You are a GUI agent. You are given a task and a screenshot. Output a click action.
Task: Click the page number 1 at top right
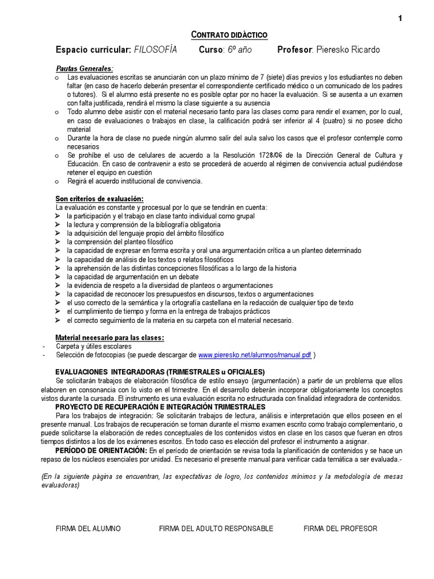click(400, 19)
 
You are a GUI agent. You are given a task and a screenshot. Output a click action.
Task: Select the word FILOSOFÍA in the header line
click(155, 50)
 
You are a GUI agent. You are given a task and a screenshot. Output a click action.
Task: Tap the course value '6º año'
click(240, 50)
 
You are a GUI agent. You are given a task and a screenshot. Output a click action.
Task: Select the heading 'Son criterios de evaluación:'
click(99, 199)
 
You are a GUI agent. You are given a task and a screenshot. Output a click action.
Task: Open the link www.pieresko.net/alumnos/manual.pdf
click(255, 355)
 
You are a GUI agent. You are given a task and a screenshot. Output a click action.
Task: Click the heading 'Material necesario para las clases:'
click(110, 338)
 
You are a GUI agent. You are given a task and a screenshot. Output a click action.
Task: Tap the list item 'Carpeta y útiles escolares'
click(94, 347)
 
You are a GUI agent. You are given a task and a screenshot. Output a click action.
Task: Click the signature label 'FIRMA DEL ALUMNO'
click(88, 529)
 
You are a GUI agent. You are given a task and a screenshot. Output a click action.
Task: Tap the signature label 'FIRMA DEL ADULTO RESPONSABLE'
click(216, 529)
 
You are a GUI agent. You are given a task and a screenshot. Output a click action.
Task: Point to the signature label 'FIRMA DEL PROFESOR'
click(340, 529)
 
